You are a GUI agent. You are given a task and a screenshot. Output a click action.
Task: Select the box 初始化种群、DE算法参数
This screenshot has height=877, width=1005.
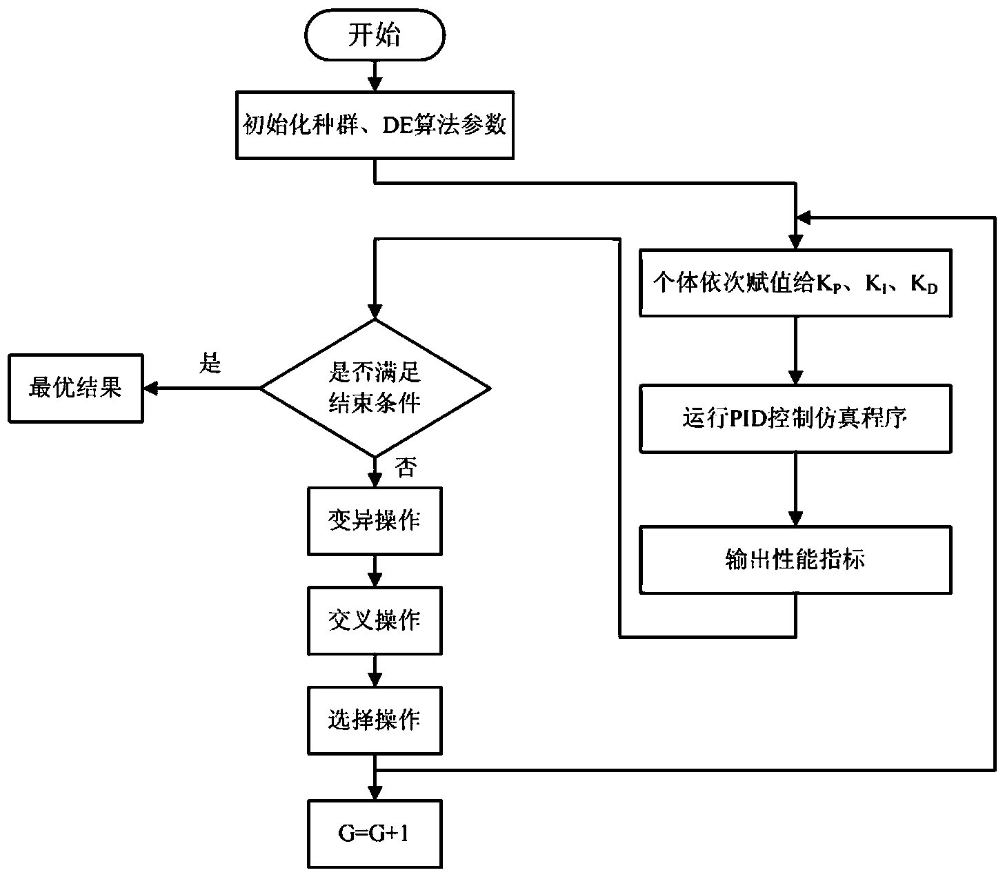click(375, 125)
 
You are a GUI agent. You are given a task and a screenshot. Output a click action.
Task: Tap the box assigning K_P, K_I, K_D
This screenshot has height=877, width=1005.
click(795, 283)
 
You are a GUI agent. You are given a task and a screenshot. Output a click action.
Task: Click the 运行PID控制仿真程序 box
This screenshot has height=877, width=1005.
click(795, 419)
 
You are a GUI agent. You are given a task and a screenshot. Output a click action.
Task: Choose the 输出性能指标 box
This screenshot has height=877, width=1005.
click(795, 560)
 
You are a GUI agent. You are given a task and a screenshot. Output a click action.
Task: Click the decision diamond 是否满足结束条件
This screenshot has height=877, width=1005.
click(375, 388)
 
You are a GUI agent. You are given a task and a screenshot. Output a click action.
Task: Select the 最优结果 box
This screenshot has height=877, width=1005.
click(75, 388)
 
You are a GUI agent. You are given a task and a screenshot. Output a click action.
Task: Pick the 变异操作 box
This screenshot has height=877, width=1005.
click(375, 521)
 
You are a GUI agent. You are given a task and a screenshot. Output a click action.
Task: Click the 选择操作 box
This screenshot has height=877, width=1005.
click(375, 720)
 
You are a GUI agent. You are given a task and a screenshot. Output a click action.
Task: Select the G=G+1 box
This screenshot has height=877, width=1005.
click(375, 834)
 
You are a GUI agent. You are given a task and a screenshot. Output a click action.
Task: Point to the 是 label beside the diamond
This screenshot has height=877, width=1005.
click(210, 363)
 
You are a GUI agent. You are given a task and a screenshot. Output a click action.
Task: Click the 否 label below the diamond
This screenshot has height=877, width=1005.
click(405, 469)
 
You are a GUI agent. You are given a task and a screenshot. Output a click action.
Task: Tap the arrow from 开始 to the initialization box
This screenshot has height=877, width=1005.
click(375, 76)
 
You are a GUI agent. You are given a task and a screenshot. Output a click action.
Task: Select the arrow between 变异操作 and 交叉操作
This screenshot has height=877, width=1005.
click(375, 571)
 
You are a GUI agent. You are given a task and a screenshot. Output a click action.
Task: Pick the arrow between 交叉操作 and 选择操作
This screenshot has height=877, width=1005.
click(375, 671)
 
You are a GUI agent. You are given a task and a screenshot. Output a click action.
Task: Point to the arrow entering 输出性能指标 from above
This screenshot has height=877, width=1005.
click(796, 490)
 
